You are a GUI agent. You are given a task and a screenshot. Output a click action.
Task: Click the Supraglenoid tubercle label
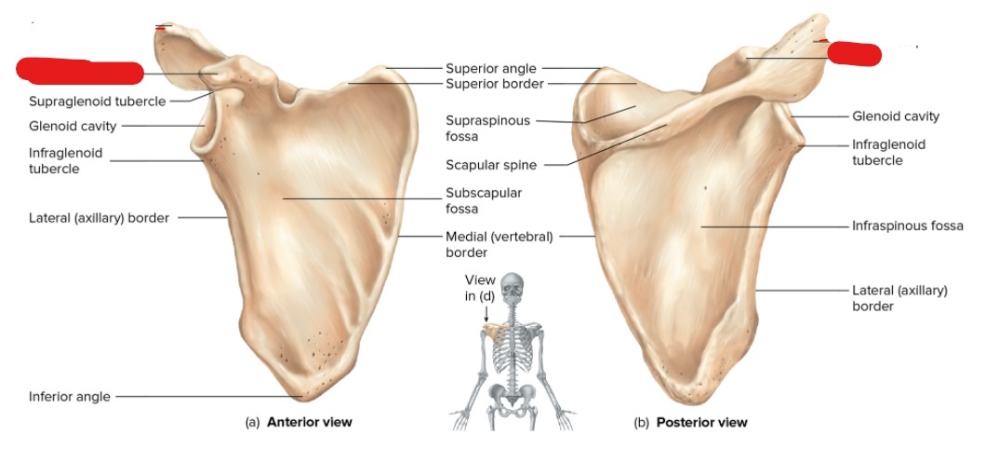pos(97,102)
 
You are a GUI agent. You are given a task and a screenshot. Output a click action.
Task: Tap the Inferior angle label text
pos(69,397)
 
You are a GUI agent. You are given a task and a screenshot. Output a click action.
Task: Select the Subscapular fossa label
pos(484,200)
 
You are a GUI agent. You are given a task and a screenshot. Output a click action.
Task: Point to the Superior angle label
pos(490,68)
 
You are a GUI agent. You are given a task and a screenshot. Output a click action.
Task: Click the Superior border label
pos(494,84)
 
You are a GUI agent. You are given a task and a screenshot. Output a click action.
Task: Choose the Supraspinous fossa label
pos(487,129)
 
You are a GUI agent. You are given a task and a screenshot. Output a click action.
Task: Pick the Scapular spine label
pos(491,166)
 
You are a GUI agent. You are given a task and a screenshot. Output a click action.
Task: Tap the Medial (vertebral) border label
pos(499,244)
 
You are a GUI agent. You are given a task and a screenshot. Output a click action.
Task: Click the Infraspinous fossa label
pos(907,225)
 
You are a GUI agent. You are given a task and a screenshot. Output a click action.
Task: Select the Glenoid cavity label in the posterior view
pos(896,116)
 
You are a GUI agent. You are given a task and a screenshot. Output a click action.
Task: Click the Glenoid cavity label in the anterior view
pos(72,126)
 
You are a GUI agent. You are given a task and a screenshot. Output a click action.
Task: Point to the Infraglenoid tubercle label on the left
pos(65,160)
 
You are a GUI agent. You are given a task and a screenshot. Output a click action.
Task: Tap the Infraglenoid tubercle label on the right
pos(888,152)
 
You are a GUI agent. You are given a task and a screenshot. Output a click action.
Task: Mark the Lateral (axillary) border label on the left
pos(99,218)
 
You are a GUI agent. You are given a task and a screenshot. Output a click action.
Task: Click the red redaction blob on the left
pos(80,71)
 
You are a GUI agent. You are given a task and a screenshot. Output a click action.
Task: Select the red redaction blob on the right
pos(853,54)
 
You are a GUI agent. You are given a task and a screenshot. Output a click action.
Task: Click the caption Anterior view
pos(309,422)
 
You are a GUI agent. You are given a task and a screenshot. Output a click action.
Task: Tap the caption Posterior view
pos(701,422)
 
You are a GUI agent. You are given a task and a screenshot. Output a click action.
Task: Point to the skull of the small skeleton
pos(512,286)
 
